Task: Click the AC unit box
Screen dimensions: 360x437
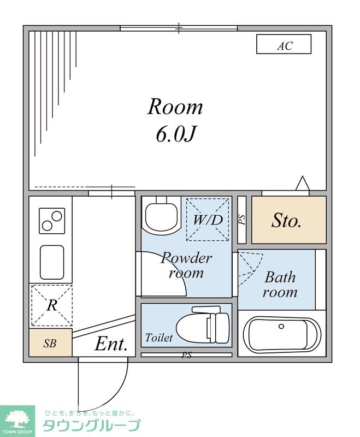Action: pos(284,44)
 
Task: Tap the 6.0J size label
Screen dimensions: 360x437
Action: pos(176,134)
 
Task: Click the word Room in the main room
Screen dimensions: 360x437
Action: pos(175,107)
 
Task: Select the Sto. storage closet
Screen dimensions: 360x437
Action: pos(288,220)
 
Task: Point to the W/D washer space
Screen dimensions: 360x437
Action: pos(208,219)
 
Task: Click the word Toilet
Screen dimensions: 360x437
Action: pos(159,338)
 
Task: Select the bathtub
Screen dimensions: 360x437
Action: pos(282,334)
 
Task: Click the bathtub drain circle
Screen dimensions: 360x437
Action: pos(281,326)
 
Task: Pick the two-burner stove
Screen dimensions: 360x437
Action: pos(52,221)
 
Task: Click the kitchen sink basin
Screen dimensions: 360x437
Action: pos(52,262)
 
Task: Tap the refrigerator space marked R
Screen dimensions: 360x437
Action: pos(52,305)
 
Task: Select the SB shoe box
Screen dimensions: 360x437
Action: pos(50,342)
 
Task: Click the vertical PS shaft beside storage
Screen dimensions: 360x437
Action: pos(242,220)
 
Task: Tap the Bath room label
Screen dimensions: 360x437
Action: pos(280,285)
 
